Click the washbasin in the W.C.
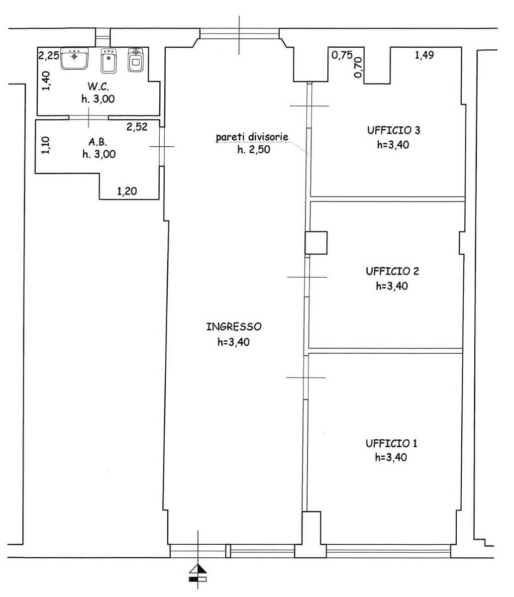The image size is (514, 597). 74,59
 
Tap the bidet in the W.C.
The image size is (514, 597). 108,61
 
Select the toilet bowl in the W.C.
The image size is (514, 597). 135,60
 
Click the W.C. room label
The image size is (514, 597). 98,87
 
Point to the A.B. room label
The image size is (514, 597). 98,142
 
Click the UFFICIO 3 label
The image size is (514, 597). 394,130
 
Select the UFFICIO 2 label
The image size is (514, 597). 393,271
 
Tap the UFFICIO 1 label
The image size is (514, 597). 391,443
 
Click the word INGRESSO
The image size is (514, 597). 234,327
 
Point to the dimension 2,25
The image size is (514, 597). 49,55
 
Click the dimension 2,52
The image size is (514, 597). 137,127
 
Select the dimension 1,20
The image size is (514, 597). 127,191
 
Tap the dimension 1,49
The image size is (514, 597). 424,55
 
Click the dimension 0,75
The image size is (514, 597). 342,55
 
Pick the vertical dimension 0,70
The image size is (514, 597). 358,67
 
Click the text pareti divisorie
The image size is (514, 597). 252,137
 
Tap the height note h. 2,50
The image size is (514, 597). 254,149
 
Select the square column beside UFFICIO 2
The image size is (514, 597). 316,243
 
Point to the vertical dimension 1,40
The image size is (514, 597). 46,81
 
